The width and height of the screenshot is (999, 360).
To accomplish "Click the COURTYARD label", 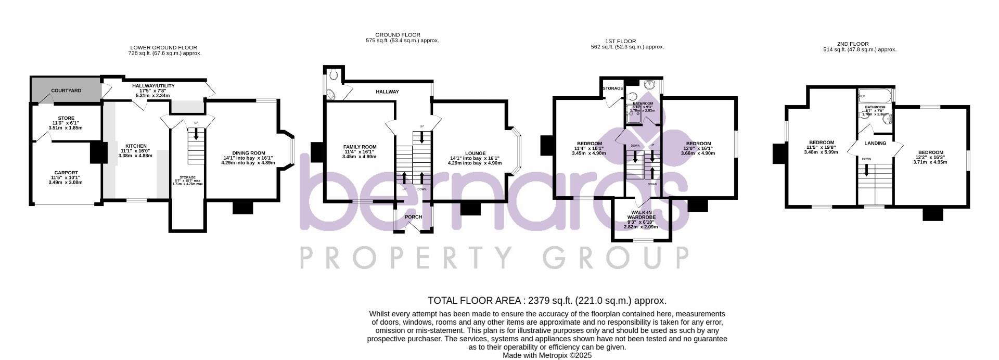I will pos(66,91).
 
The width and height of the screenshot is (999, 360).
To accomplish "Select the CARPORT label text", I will pos(66,173).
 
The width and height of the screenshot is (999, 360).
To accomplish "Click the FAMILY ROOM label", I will pos(360,147).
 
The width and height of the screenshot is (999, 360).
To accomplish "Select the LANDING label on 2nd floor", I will pos(875,143).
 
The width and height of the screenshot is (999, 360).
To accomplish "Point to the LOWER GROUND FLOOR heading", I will pos(164,47).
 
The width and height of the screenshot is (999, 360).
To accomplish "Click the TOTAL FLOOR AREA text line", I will pos(547,301).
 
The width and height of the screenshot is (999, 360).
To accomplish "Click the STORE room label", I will pos(66,118).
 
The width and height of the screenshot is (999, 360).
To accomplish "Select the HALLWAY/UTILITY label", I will pos(153,86).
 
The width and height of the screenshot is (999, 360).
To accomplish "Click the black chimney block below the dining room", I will pos(242,208).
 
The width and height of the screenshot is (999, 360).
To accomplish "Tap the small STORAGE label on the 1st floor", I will pos(612,88).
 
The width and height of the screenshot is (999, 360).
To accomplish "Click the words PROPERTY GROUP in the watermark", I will pos(494,257).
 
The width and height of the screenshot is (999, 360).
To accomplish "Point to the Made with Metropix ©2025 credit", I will pos(547,356).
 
